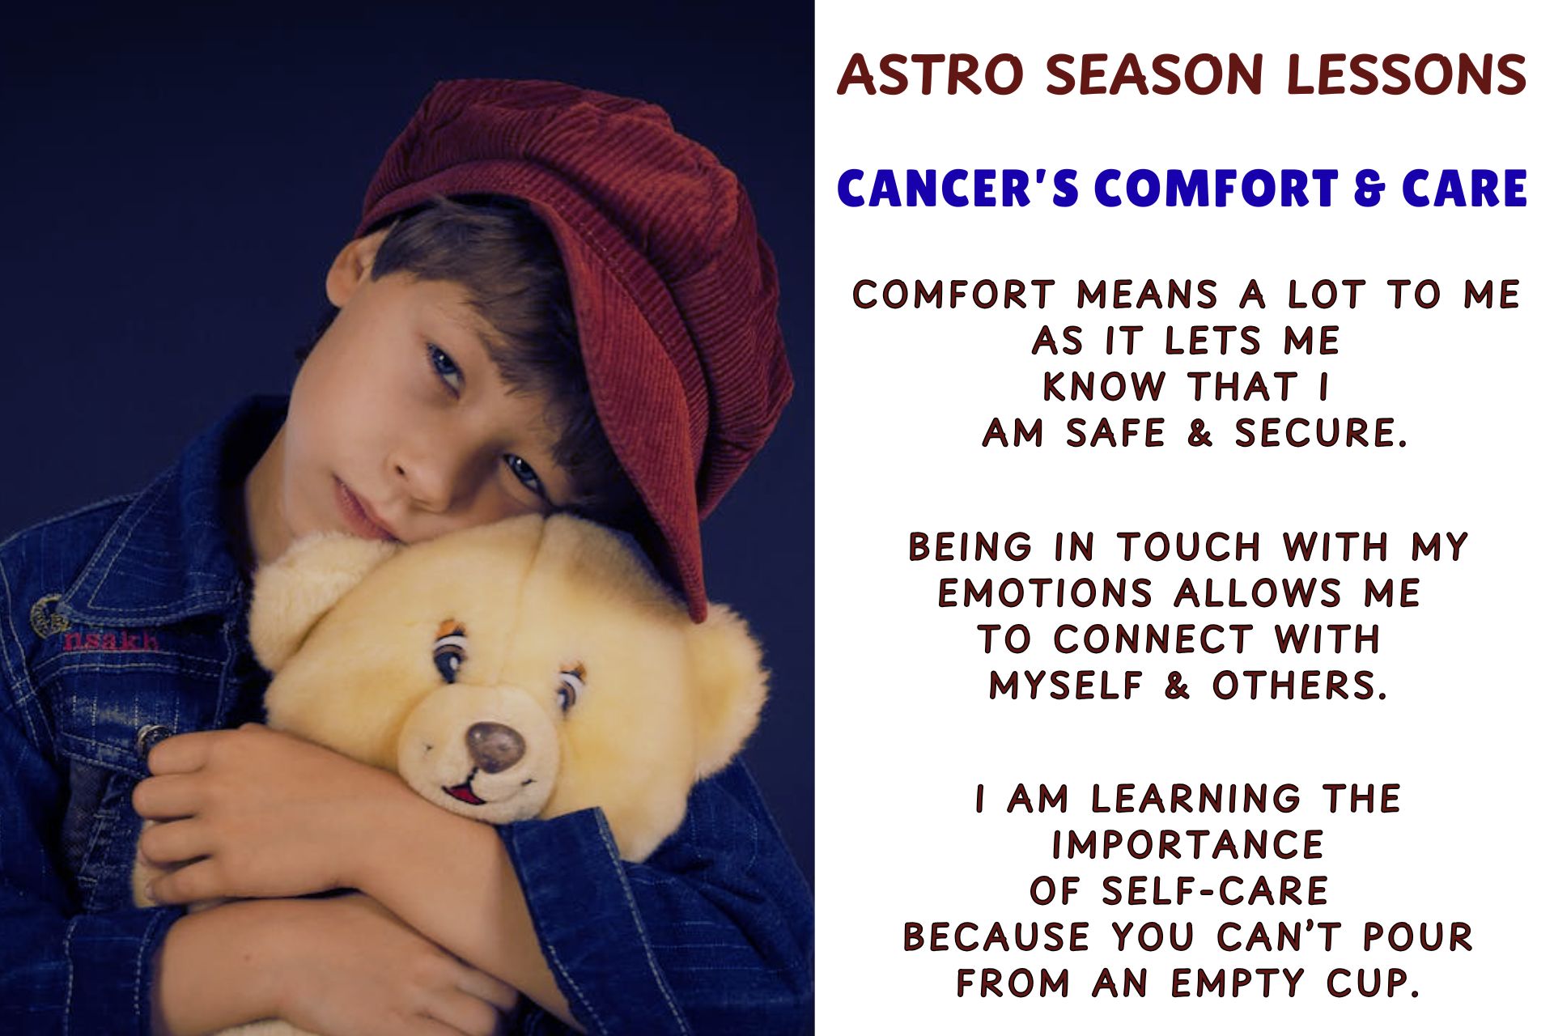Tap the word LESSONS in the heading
pyautogui.click(x=1406, y=74)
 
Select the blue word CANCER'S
pyautogui.click(x=958, y=189)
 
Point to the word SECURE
pyautogui.click(x=1321, y=433)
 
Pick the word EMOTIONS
pyautogui.click(x=1045, y=593)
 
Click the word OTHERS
pyautogui.click(x=1299, y=686)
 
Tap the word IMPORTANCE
pyautogui.click(x=1187, y=845)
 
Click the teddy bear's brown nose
pyautogui.click(x=495, y=746)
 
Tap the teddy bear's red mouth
pyautogui.click(x=465, y=792)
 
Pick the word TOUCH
pyautogui.click(x=1189, y=547)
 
